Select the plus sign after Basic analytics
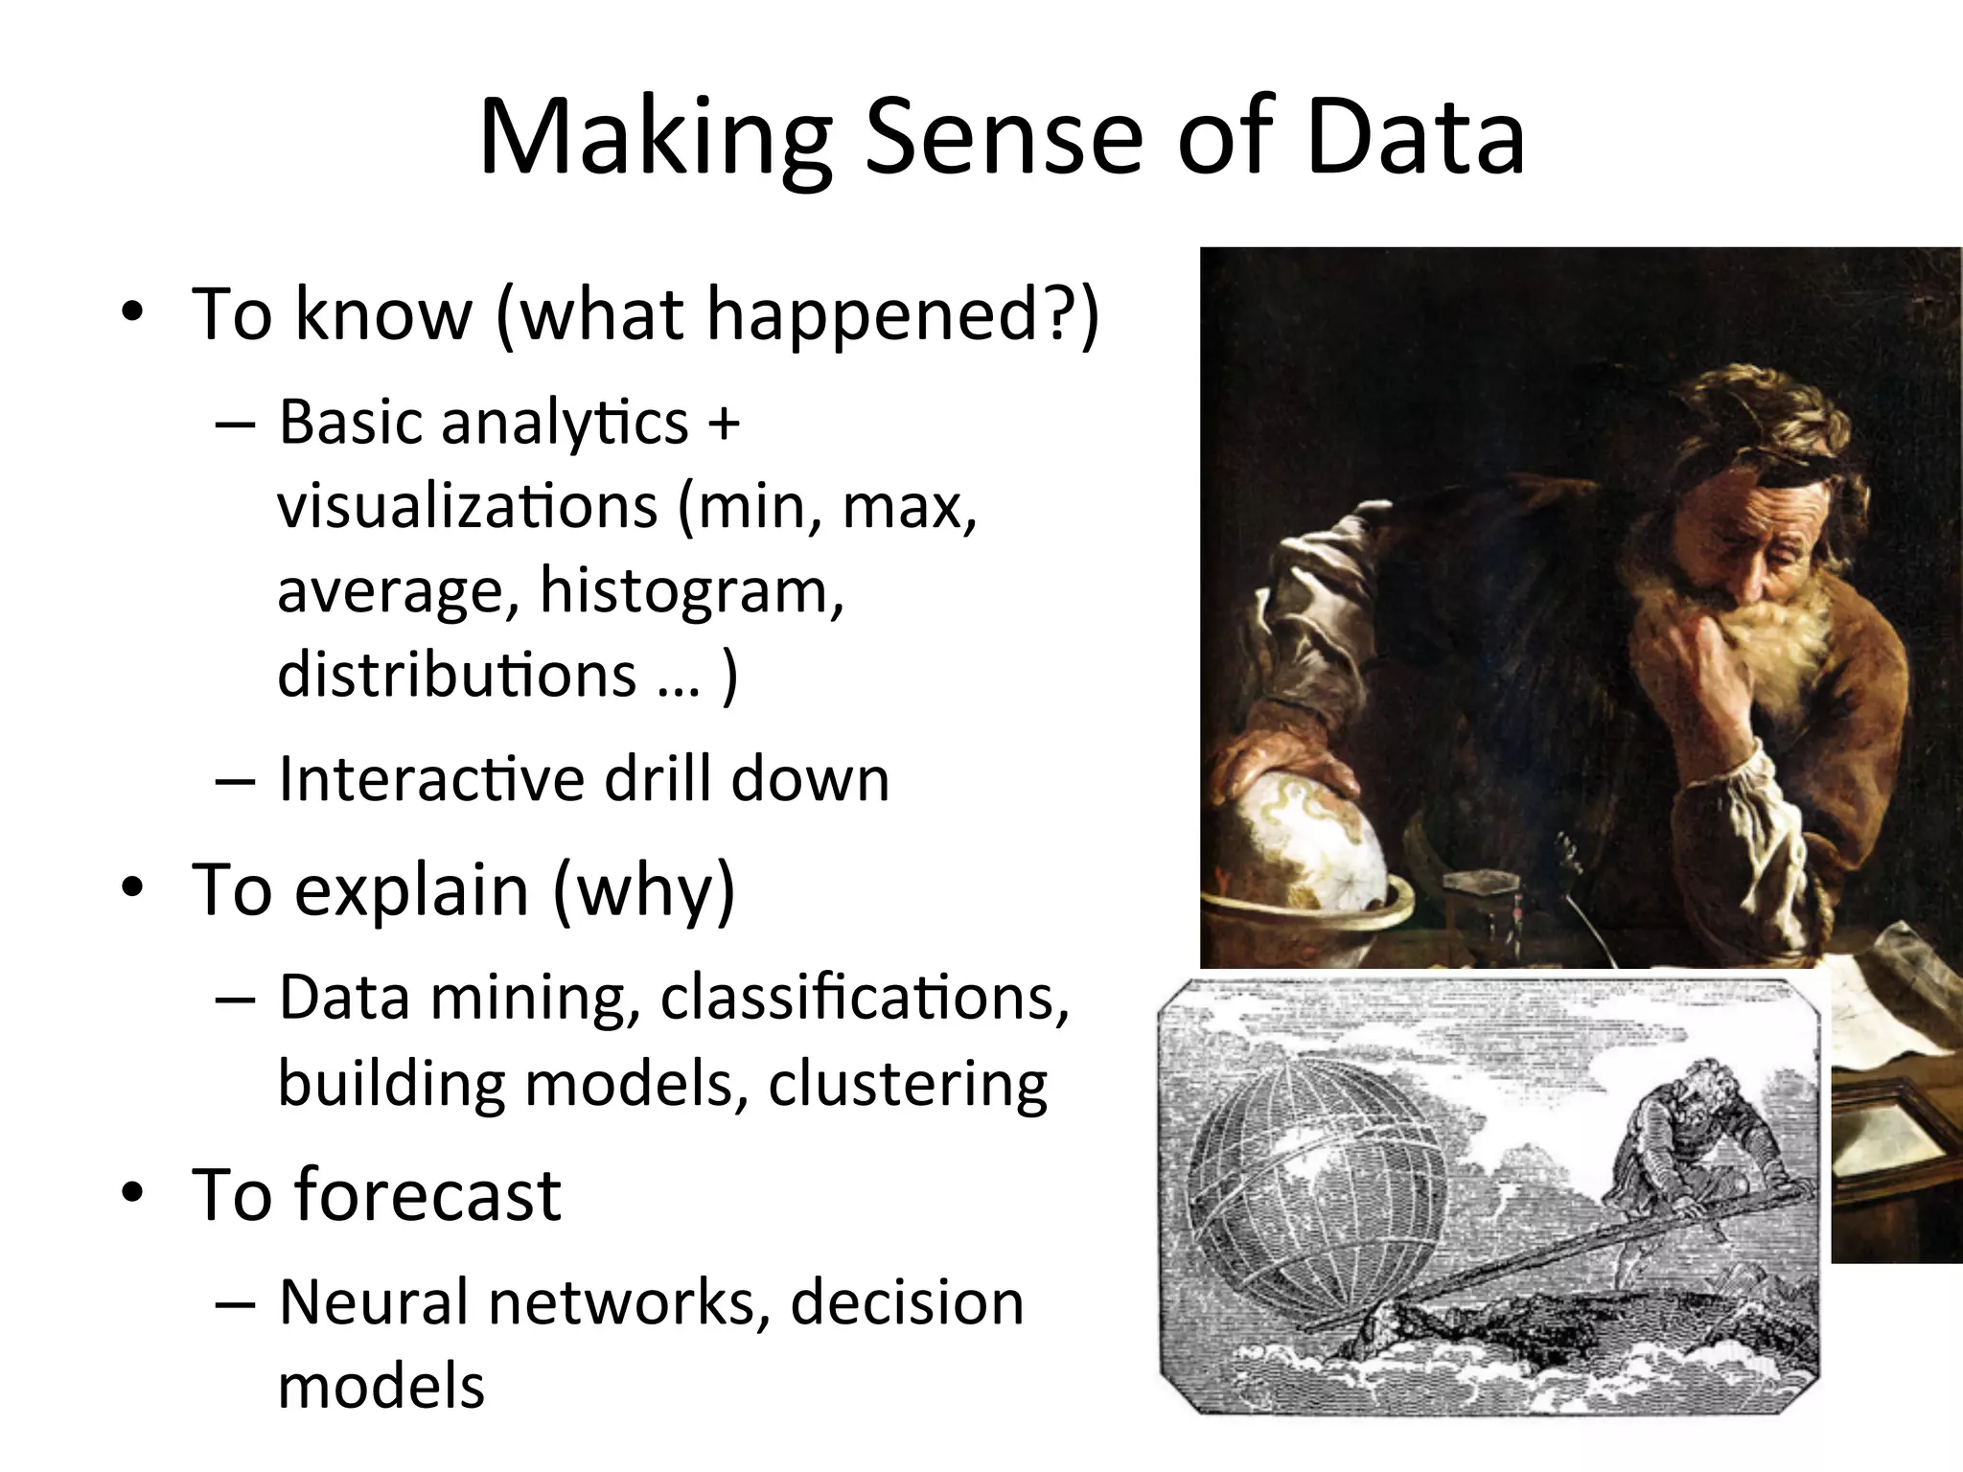click(724, 423)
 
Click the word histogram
click(691, 589)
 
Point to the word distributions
click(456, 674)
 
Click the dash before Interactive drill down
click(235, 779)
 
